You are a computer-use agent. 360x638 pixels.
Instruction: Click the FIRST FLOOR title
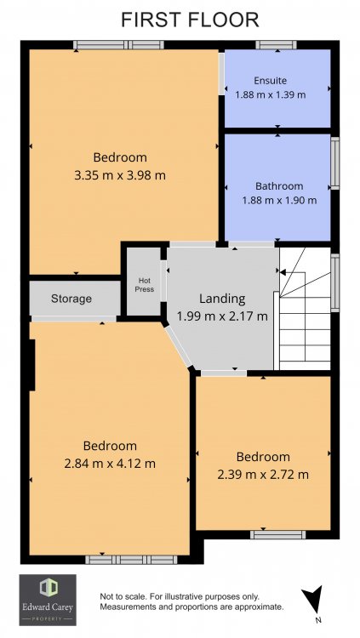pyautogui.click(x=190, y=20)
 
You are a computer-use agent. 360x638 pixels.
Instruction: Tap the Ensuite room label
pyautogui.click(x=271, y=81)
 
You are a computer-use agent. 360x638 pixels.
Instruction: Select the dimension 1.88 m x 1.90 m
pyautogui.click(x=279, y=200)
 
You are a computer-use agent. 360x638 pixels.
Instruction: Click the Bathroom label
pyautogui.click(x=279, y=186)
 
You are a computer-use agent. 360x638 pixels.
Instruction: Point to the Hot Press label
pyautogui.click(x=145, y=285)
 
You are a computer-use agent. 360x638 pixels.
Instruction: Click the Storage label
pyautogui.click(x=71, y=299)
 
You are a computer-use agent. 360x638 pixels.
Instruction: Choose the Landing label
pyautogui.click(x=222, y=299)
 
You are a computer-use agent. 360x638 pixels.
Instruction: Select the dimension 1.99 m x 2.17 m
pyautogui.click(x=222, y=316)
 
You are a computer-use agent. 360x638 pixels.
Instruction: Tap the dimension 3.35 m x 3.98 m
pyautogui.click(x=120, y=176)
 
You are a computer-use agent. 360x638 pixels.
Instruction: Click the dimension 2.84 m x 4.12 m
pyautogui.click(x=110, y=464)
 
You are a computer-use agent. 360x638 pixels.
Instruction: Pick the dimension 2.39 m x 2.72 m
pyautogui.click(x=263, y=475)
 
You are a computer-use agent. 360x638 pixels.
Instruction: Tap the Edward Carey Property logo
pyautogui.click(x=48, y=600)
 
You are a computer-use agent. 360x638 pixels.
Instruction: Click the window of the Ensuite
pyautogui.click(x=276, y=45)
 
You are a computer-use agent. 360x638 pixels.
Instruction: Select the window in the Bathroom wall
pyautogui.click(x=334, y=162)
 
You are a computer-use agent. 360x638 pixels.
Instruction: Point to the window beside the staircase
pyautogui.click(x=334, y=282)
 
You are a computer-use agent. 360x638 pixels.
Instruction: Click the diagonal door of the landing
pyautogui.click(x=179, y=346)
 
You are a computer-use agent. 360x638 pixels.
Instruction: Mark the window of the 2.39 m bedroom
pyautogui.click(x=277, y=535)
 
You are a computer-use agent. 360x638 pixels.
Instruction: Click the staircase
pyautogui.click(x=305, y=309)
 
